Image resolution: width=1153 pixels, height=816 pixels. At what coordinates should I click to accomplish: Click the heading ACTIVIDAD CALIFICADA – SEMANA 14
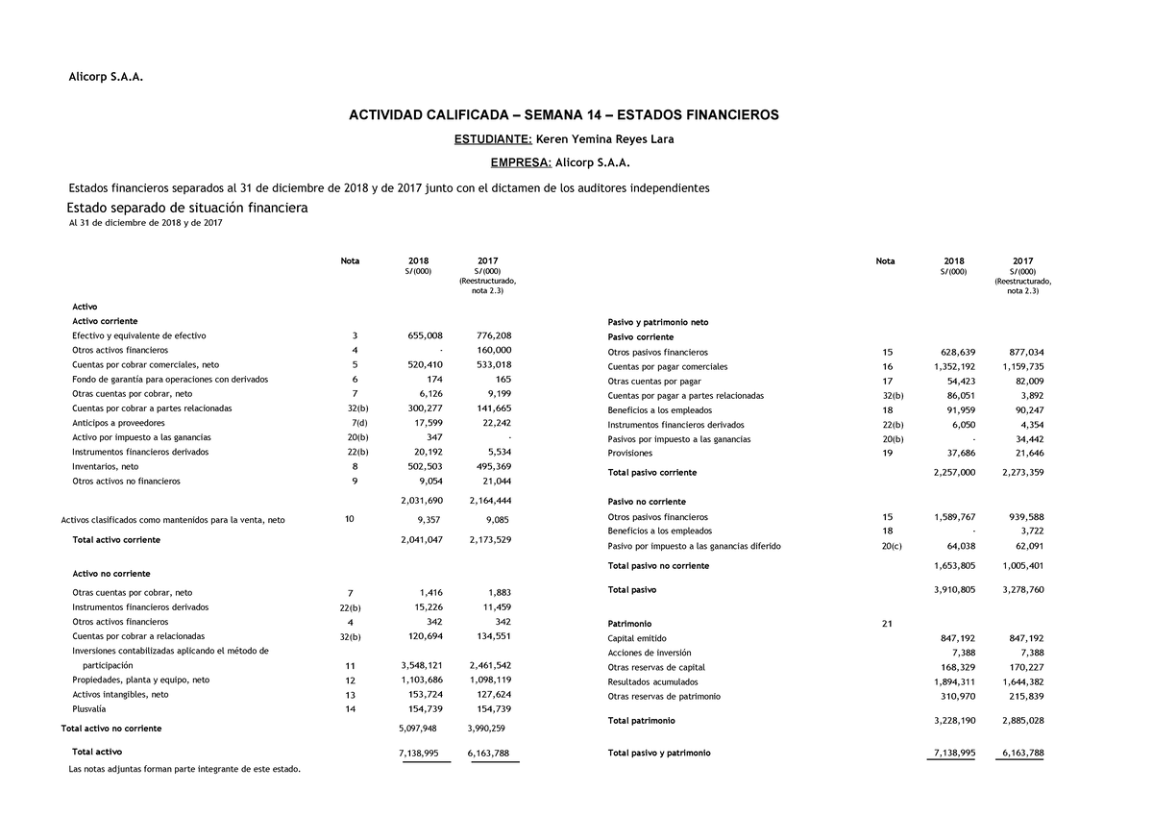563,115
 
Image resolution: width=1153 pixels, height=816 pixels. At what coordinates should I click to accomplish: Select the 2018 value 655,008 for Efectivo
422,335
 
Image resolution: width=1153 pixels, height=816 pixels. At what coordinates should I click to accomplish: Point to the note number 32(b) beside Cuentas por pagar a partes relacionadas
893,396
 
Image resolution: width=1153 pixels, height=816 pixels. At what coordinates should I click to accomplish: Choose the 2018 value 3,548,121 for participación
421,665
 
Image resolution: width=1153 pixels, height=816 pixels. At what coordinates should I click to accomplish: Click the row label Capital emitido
637,638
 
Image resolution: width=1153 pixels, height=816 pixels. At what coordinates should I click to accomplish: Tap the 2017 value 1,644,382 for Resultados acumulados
1022,681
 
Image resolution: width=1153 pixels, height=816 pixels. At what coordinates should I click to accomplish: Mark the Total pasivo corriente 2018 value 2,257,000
954,473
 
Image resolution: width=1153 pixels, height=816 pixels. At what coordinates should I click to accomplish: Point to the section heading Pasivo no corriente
647,502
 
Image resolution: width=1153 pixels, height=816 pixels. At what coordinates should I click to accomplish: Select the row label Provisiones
629,454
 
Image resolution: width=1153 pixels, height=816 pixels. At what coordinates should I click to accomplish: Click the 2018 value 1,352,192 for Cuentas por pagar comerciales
954,367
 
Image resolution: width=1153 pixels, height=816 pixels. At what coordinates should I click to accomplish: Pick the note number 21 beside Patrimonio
886,624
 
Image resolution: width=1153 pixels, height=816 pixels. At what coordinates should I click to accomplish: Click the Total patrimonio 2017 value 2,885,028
1022,720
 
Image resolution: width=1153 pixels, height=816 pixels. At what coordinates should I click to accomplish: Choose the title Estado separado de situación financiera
186,208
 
